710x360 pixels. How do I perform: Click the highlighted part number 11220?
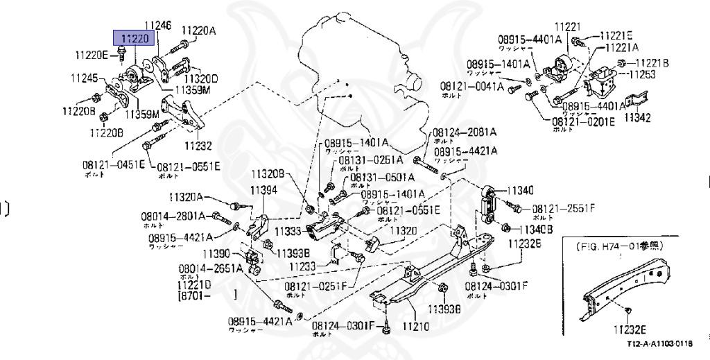[x=135, y=38]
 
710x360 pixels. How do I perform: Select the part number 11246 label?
[x=157, y=26]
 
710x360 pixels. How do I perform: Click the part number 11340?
[x=521, y=190]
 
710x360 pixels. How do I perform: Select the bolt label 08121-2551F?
[x=562, y=208]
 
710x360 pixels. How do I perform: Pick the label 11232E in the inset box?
[x=629, y=329]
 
